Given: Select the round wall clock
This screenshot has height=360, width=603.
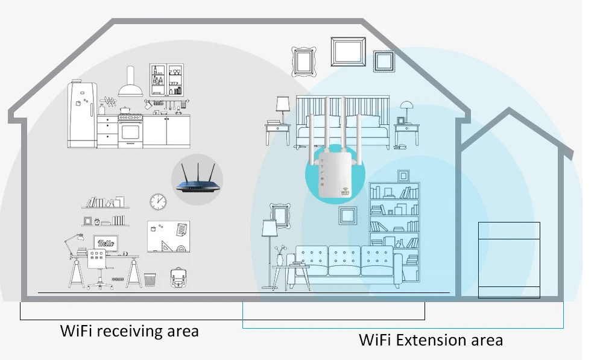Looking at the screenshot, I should pos(158,201).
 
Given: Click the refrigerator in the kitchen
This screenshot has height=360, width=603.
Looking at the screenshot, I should pos(81,115).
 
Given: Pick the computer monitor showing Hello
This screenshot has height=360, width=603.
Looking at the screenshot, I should pos(106,243).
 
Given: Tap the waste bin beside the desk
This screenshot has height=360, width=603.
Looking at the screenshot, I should pos(150,279).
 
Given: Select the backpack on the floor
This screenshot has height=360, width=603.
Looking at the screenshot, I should pos(178,278).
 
